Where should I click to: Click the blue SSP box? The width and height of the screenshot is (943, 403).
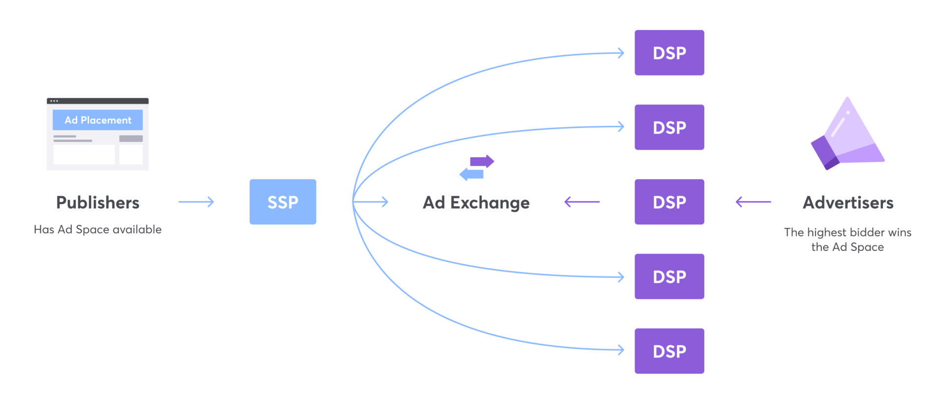point(282,202)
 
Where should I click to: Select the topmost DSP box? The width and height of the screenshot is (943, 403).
point(669,53)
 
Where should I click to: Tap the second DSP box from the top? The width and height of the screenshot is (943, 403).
point(669,127)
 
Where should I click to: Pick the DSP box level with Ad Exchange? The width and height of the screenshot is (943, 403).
point(669,202)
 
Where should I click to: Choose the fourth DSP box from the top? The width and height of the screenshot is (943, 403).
point(669,276)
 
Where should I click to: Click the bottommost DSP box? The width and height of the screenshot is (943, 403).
point(669,351)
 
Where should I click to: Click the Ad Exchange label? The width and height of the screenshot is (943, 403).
point(476,203)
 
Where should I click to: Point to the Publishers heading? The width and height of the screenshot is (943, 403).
point(98,203)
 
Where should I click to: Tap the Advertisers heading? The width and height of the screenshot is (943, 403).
point(848,203)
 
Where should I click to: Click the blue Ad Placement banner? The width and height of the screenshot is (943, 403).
point(98,120)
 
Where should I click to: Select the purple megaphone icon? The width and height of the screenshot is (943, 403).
point(847,135)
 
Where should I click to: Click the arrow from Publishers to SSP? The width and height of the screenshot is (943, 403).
point(196,202)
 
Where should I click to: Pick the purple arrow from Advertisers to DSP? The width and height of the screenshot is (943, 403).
point(753,202)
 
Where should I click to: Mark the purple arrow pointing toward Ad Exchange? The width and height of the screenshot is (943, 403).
point(582,202)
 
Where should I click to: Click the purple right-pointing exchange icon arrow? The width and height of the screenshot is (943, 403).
point(482,161)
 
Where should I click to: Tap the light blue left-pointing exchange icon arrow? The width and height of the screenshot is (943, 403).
point(471,174)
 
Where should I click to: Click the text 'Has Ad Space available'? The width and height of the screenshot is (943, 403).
point(98,229)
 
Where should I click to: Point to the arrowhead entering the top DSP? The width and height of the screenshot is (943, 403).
point(621,53)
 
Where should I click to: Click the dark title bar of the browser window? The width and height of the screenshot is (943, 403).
point(98,101)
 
